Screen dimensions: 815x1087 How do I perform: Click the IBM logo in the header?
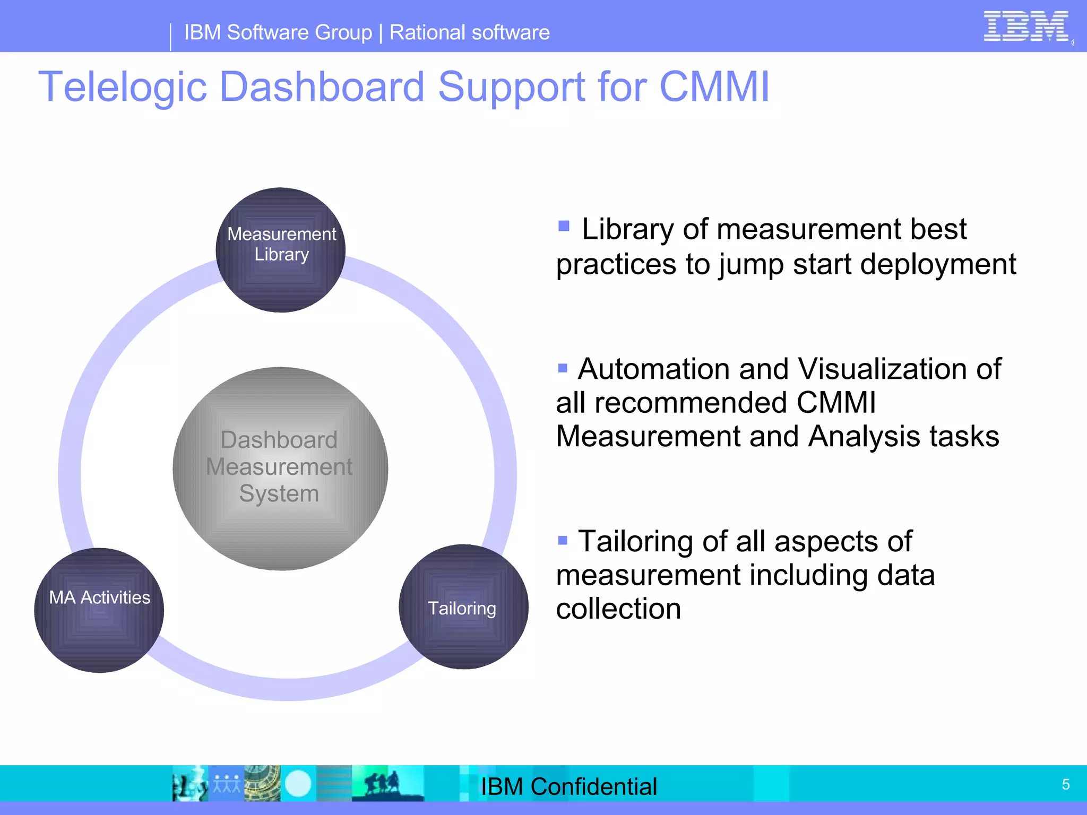pos(1025,27)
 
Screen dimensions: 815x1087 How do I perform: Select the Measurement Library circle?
pos(281,249)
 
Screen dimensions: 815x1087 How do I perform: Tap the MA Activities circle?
pos(99,610)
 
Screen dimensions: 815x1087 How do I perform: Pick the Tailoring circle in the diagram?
pos(463,607)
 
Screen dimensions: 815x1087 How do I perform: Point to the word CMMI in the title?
pos(714,86)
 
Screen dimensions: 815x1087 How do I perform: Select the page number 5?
pos(1065,784)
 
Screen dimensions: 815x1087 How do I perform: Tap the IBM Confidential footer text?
pos(568,786)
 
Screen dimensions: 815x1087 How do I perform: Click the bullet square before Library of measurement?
pos(564,227)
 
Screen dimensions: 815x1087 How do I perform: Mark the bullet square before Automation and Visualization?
pos(563,368)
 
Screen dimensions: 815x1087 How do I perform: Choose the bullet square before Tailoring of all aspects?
pos(563,541)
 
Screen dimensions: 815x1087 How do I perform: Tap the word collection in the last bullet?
pos(618,609)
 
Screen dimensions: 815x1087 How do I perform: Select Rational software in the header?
pos(469,33)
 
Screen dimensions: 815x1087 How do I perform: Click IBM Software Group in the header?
pos(278,33)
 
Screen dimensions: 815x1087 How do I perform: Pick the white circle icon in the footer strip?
pos(298,784)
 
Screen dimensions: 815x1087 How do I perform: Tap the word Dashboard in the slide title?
pos(322,86)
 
